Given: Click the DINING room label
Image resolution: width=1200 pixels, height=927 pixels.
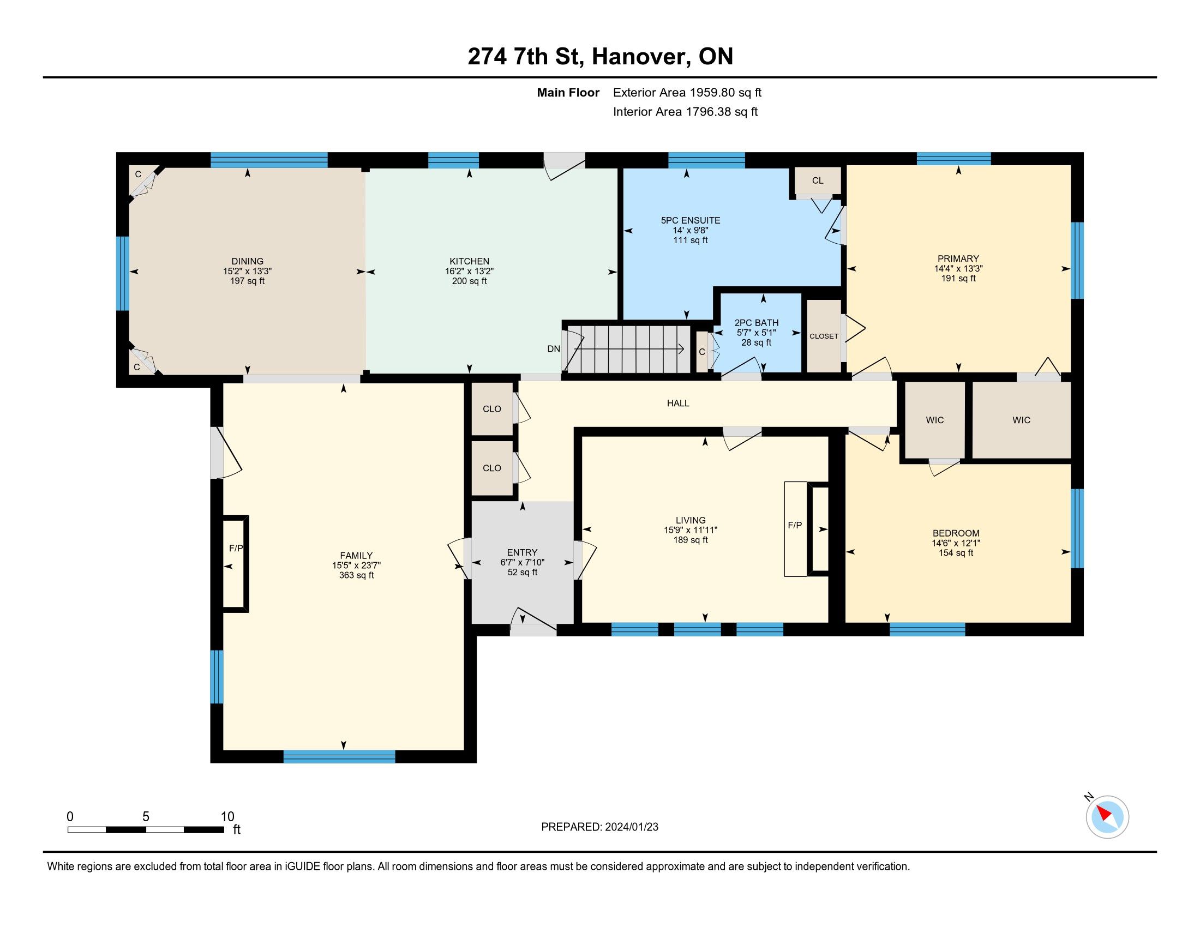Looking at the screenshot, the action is click(247, 261).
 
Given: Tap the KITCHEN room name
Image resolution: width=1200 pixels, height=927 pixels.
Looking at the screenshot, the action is click(469, 261).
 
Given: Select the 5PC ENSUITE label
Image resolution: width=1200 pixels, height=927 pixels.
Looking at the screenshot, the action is click(691, 220).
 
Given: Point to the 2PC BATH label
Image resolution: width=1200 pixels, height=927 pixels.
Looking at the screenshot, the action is click(757, 323).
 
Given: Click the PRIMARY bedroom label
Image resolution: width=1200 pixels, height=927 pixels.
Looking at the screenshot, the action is click(958, 258).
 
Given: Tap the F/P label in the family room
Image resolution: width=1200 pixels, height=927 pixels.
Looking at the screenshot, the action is click(236, 548).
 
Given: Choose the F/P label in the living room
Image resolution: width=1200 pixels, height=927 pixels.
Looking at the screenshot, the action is click(795, 525).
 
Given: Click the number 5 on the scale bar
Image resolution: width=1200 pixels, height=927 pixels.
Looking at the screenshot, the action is click(146, 817).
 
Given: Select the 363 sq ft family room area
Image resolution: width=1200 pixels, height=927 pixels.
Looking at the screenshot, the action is click(357, 575).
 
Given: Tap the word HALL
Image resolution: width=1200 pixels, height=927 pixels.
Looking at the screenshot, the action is click(678, 403).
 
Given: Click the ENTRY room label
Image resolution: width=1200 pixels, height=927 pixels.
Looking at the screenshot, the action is click(522, 552).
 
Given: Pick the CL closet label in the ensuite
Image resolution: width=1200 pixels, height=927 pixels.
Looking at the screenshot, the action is click(818, 180).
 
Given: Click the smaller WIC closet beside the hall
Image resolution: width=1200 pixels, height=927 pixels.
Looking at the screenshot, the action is click(934, 420).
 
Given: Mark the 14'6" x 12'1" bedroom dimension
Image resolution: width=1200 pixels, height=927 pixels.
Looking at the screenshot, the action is click(956, 543).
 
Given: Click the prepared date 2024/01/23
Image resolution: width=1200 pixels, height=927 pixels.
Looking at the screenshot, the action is click(631, 827).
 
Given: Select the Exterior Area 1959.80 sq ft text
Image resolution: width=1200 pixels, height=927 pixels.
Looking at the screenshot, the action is click(687, 92).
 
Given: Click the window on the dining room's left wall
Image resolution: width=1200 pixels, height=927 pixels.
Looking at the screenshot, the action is click(123, 274).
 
